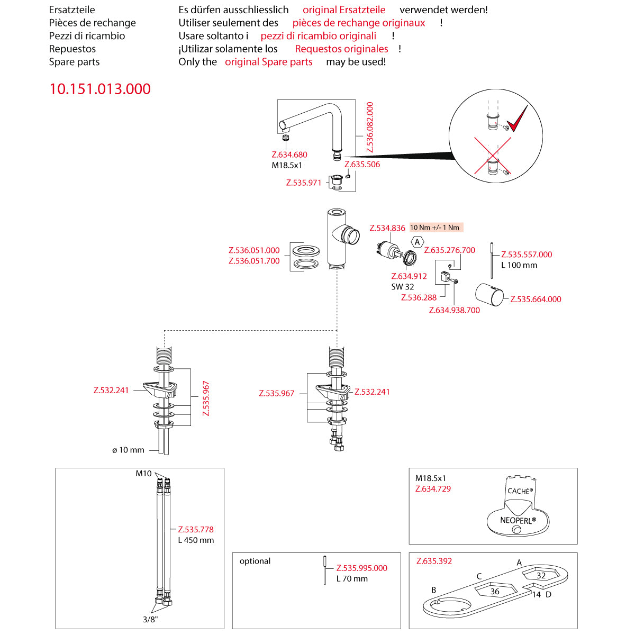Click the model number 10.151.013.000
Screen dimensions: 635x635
[x=100, y=89]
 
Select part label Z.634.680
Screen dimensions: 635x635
[x=289, y=155]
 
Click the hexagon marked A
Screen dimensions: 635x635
[x=418, y=242]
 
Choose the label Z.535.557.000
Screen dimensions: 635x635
[x=527, y=255]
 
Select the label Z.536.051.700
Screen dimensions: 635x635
[x=254, y=261]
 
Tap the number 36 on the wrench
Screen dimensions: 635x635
[x=495, y=592]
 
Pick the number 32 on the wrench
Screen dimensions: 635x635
[x=541, y=576]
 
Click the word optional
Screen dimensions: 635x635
[x=255, y=561]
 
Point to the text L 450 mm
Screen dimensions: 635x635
[x=196, y=540]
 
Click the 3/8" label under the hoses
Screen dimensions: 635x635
[x=150, y=619]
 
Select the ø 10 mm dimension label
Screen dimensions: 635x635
[x=129, y=450]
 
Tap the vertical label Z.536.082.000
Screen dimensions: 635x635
[x=370, y=127]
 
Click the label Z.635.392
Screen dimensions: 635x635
[x=434, y=561]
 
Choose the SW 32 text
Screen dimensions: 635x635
[x=403, y=287]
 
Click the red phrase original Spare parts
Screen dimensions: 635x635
[x=269, y=62]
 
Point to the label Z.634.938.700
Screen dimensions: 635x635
[x=455, y=310]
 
